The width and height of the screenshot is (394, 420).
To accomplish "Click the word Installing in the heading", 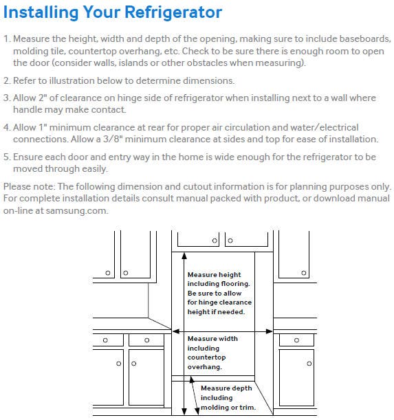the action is pyautogui.click(x=41, y=12).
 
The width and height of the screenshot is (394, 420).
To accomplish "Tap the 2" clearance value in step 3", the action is pyautogui.click(x=43, y=98).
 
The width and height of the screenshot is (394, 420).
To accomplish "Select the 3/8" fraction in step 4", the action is pyautogui.click(x=113, y=139).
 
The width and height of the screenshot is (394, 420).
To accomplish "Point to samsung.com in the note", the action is pyautogui.click(x=76, y=210).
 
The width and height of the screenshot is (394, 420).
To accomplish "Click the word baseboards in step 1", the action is pyautogui.click(x=365, y=39).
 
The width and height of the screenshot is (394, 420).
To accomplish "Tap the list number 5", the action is pyautogui.click(x=6, y=157).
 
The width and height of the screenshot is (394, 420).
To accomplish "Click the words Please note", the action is pyautogui.click(x=29, y=186).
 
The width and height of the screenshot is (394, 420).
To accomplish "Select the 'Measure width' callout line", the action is pyautogui.click(x=212, y=339).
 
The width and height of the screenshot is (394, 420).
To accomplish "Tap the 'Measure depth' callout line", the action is pyautogui.click(x=226, y=388).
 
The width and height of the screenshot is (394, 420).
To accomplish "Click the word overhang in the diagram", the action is pyautogui.click(x=204, y=366).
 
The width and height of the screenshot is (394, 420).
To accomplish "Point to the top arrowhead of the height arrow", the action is pyautogui.click(x=184, y=256).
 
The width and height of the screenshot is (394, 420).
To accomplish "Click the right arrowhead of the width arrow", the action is pyautogui.click(x=270, y=331).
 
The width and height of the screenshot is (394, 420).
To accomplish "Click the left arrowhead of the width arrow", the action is pyautogui.click(x=175, y=331).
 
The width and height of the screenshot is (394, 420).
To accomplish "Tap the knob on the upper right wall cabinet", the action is pyautogui.click(x=303, y=273).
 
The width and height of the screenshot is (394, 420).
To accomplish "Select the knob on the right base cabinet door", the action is pyautogui.click(x=309, y=364).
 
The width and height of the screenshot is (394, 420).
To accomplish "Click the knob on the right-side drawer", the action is pyautogui.click(x=296, y=340).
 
